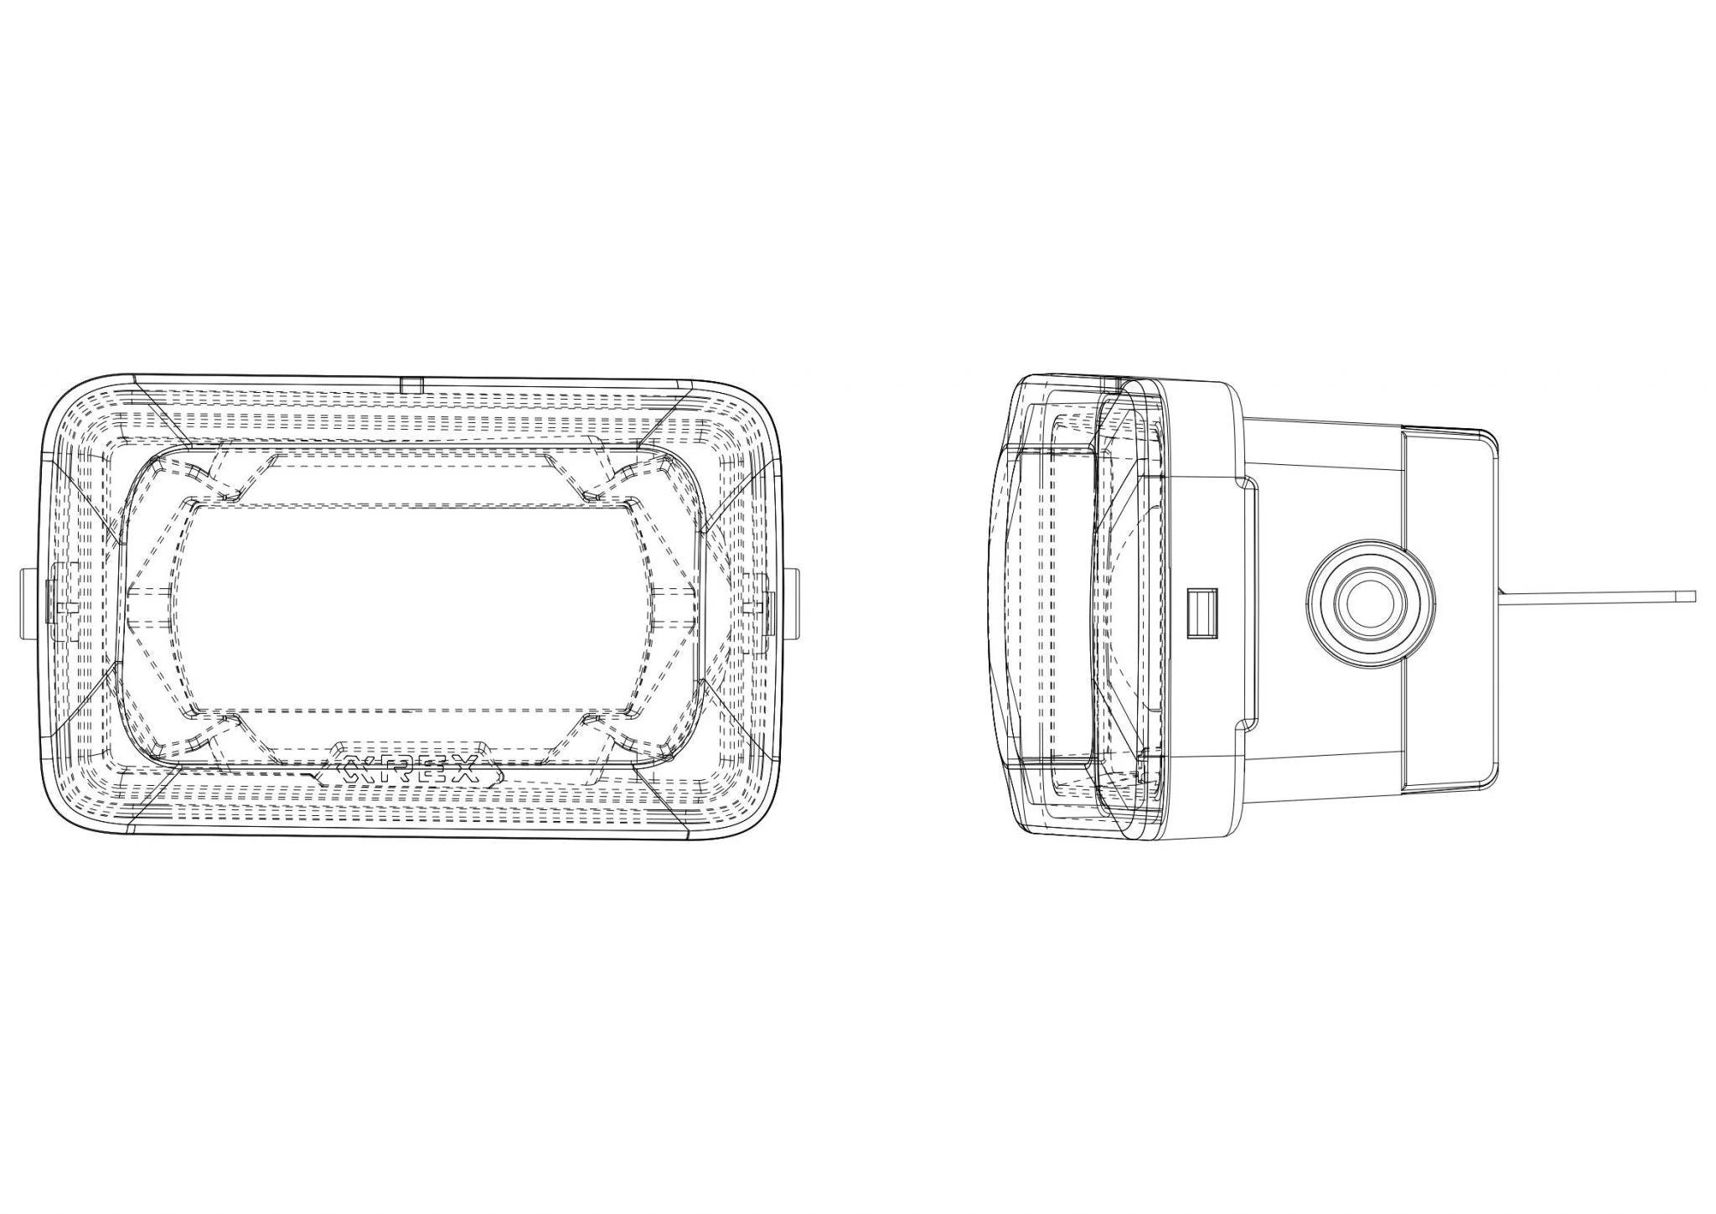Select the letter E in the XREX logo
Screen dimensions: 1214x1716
tap(437, 769)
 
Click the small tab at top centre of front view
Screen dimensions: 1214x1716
tap(411, 385)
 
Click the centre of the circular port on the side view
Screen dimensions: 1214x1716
tap(1370, 606)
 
